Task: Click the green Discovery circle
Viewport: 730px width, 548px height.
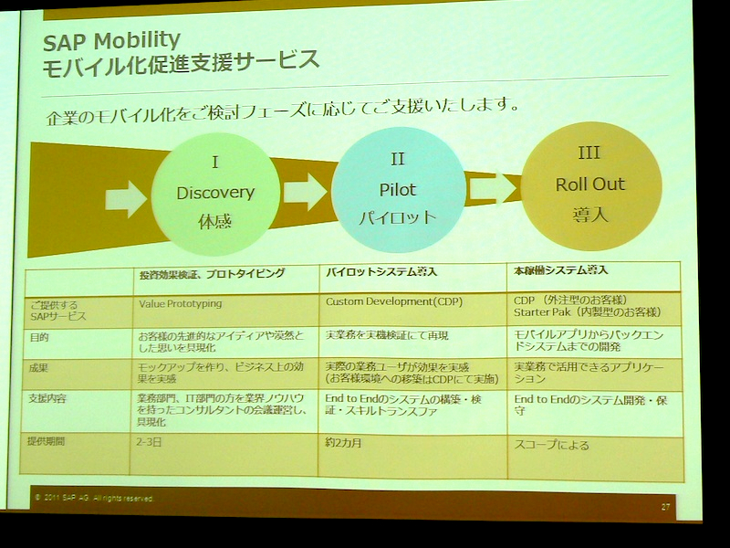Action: [x=215, y=194]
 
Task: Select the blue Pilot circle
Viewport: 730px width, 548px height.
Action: [x=397, y=189]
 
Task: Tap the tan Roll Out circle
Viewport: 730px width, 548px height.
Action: [x=590, y=185]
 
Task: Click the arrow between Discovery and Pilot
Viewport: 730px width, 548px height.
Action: [x=305, y=191]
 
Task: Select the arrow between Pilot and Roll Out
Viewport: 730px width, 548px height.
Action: [x=493, y=187]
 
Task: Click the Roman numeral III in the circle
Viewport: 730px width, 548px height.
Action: [x=589, y=153]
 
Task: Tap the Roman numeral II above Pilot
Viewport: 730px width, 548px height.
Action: [x=398, y=159]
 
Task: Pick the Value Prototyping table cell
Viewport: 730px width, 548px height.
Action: [x=181, y=303]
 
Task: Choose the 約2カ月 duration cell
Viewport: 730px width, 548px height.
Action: [x=345, y=442]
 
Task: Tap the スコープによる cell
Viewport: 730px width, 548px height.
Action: [x=552, y=446]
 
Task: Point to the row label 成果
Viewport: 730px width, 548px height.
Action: [x=39, y=370]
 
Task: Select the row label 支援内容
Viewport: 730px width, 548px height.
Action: [x=48, y=399]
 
